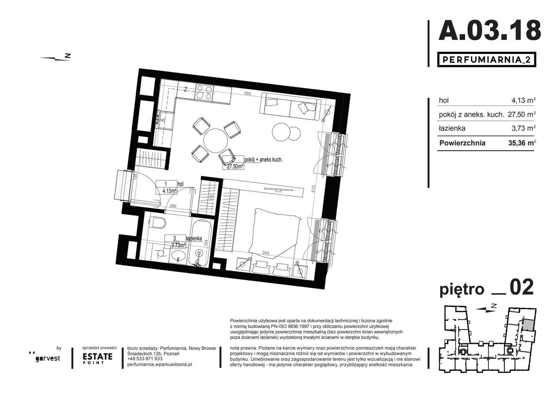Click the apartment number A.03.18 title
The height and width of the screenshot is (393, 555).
[x=490, y=30]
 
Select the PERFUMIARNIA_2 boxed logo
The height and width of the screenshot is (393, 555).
[x=486, y=59]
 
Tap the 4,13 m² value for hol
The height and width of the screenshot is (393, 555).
[x=523, y=100]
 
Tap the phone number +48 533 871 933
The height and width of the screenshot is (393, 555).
[x=145, y=359]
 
